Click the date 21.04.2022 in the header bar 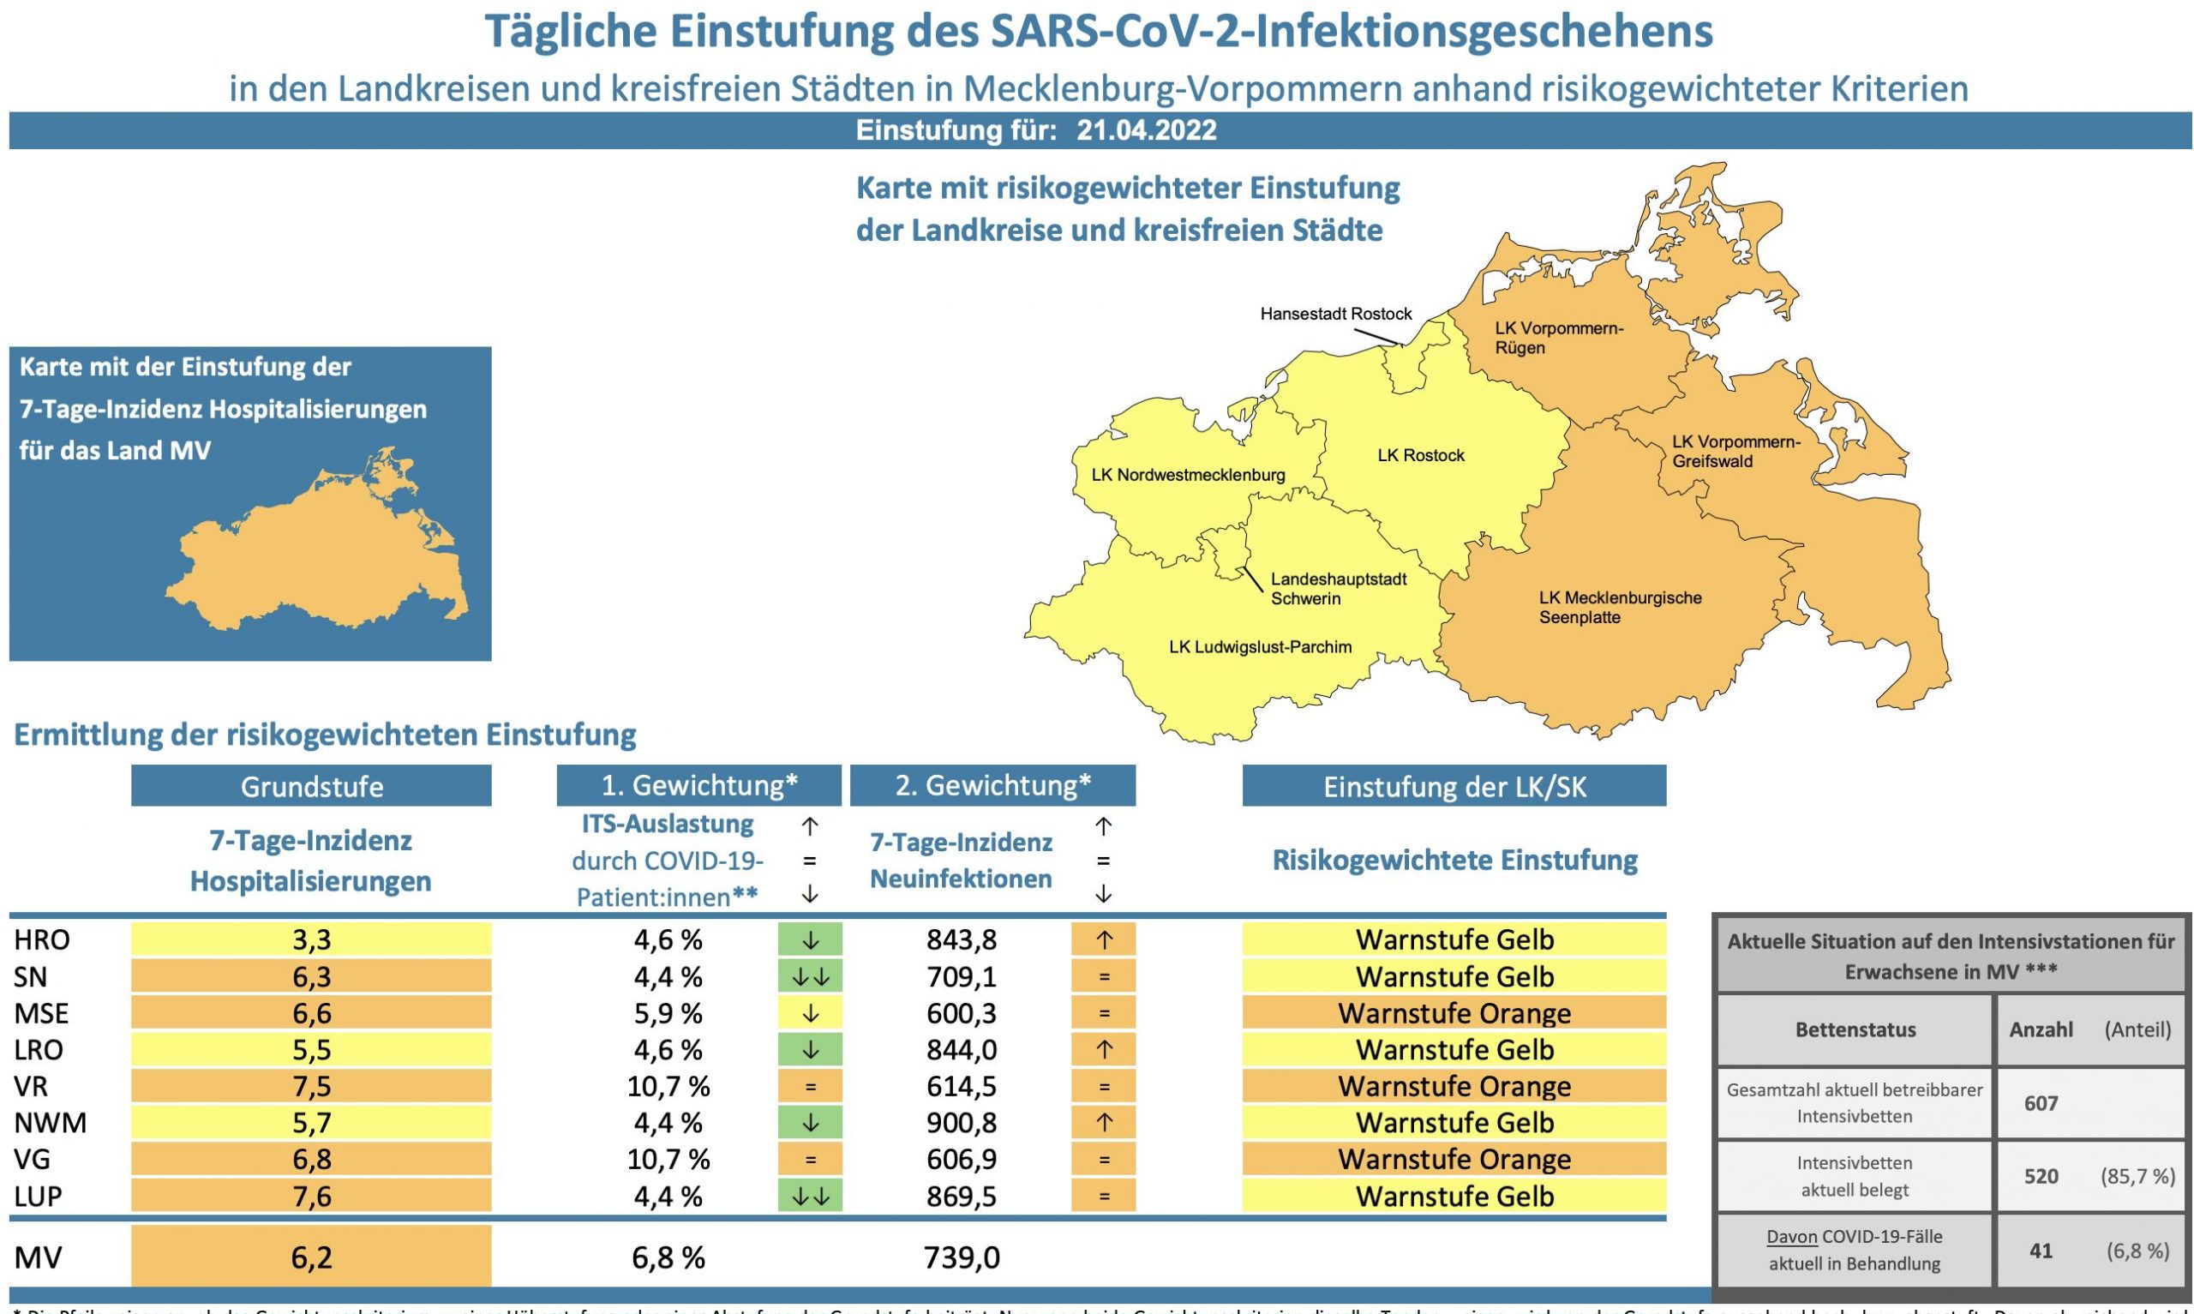(x=1146, y=130)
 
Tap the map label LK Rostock (x=1420, y=455)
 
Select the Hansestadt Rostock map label (x=1335, y=314)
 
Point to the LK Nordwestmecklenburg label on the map (x=1188, y=475)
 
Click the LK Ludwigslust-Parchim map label (x=1261, y=647)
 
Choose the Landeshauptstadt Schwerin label (x=1338, y=589)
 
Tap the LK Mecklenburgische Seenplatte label (x=1620, y=608)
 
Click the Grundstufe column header (x=312, y=786)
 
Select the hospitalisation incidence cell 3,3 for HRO (x=312, y=939)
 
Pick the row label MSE (x=41, y=1013)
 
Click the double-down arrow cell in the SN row (x=810, y=976)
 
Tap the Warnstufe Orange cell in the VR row (x=1454, y=1087)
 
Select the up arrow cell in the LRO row (x=1103, y=1050)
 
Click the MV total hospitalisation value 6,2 (x=312, y=1257)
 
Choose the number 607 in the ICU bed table (x=2041, y=1103)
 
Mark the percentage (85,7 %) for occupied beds (x=2137, y=1177)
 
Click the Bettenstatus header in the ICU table (x=1855, y=1029)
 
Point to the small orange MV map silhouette (x=319, y=549)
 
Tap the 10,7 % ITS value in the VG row (x=668, y=1159)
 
